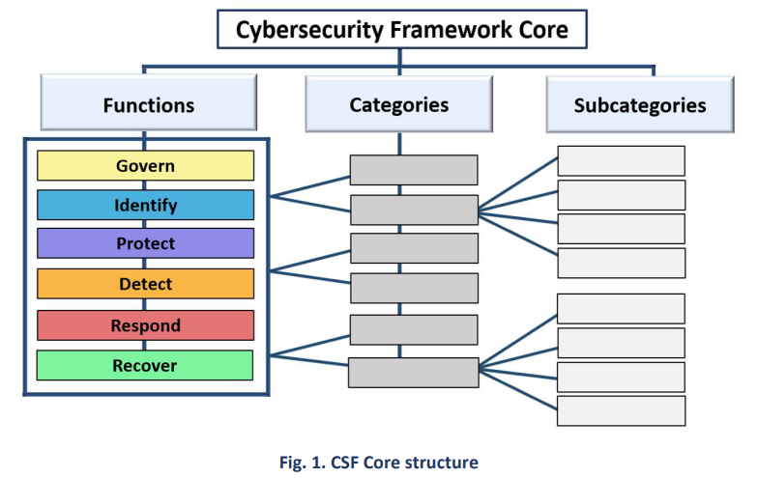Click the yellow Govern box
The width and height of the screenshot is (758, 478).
click(x=145, y=166)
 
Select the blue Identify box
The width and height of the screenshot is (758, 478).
click(x=145, y=206)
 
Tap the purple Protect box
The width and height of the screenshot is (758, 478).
click(x=145, y=243)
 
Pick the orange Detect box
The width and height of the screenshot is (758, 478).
click(x=145, y=284)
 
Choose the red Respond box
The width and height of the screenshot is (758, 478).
click(x=145, y=325)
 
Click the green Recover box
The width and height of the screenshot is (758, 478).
click(x=145, y=365)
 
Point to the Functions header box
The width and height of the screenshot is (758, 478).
click(x=148, y=105)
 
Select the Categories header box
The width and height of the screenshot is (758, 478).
click(x=398, y=104)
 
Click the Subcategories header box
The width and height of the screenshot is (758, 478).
click(x=639, y=105)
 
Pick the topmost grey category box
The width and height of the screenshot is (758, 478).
click(x=414, y=170)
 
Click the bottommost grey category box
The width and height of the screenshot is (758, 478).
click(x=414, y=372)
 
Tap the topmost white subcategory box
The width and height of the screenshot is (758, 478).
click(x=621, y=160)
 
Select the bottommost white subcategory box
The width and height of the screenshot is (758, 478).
click(x=621, y=410)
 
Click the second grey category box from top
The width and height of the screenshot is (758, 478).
click(x=414, y=210)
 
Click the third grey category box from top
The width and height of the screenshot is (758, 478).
click(x=414, y=248)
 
